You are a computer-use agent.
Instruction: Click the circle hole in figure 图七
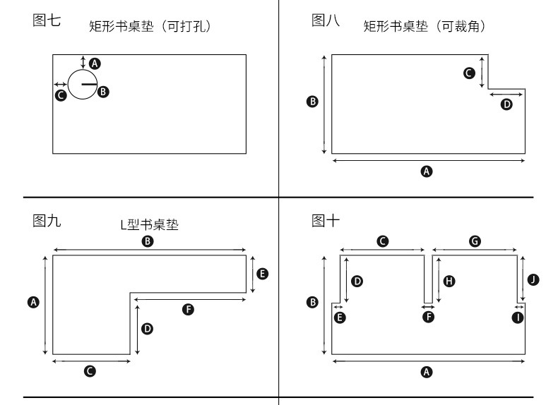pyautogui.click(x=82, y=84)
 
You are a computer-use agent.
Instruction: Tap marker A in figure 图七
pyautogui.click(x=95, y=63)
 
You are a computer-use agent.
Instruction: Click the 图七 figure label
pyautogui.click(x=47, y=20)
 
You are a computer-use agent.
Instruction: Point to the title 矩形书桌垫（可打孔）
pyautogui.click(x=150, y=27)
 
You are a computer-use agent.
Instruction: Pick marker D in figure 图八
pyautogui.click(x=506, y=104)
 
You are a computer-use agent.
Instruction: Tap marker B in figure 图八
pyautogui.click(x=313, y=102)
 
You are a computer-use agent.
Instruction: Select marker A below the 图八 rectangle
pyautogui.click(x=426, y=171)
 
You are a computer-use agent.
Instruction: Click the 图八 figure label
pyautogui.click(x=326, y=20)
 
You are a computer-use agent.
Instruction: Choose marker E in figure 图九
pyautogui.click(x=262, y=273)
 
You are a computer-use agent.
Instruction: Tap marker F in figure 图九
pyautogui.click(x=188, y=309)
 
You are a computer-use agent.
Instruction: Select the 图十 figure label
pyautogui.click(x=326, y=221)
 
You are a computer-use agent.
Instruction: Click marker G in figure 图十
pyautogui.click(x=475, y=241)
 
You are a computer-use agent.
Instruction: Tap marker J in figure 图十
pyautogui.click(x=533, y=280)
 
